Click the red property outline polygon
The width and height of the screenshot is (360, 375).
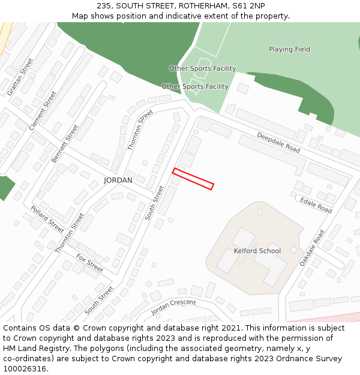tap(193, 179)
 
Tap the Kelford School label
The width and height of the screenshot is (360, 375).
tap(257, 251)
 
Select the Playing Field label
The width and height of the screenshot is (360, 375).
tap(289, 49)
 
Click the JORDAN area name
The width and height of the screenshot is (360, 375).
tap(118, 180)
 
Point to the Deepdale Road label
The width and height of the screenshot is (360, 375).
tap(278, 143)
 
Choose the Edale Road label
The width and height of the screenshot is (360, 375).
tap(316, 205)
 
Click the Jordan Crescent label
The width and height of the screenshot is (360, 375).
tap(173, 307)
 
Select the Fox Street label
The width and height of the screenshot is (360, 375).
tap(89, 262)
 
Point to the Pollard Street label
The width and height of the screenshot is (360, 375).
tap(47, 220)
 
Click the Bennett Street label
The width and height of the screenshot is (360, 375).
tap(65, 143)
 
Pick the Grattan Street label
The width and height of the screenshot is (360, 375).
tap(20, 77)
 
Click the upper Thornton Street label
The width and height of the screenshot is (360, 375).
tap(136, 130)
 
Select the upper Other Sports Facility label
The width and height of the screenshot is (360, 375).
tap(202, 68)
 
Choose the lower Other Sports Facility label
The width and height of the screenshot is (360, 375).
tap(195, 86)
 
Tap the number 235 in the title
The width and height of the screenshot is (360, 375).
tap(104, 5)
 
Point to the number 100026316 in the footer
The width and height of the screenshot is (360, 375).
tap(25, 369)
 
